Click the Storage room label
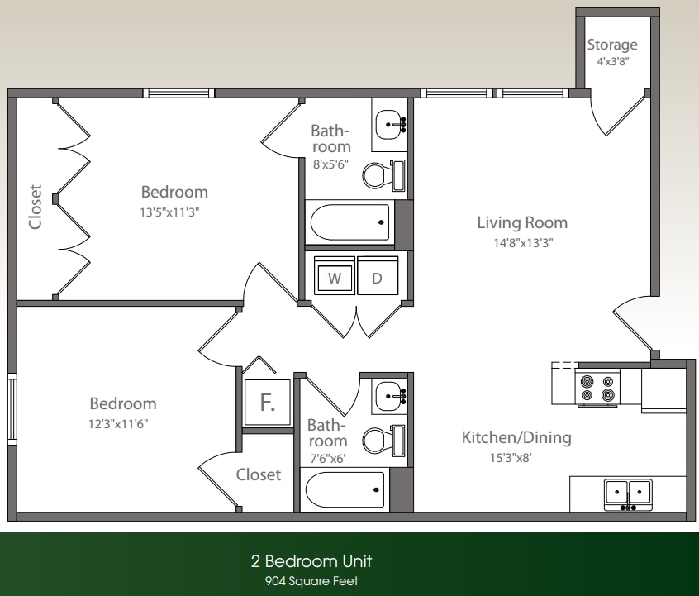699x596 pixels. point(612,45)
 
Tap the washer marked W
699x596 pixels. point(335,279)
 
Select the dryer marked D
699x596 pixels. point(378,279)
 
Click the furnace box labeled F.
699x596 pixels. point(267,403)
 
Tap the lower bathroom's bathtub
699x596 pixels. point(346,489)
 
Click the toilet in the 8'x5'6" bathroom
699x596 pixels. point(383,174)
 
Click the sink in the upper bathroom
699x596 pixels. point(388,126)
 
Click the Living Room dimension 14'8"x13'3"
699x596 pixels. point(522,243)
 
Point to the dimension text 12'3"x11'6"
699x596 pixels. point(122,423)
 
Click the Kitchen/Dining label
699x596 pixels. point(516,437)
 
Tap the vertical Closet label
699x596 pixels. point(35,205)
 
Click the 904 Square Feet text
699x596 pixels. point(311,581)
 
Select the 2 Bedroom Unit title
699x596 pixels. point(311,562)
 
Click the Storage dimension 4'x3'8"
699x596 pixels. point(612,61)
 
